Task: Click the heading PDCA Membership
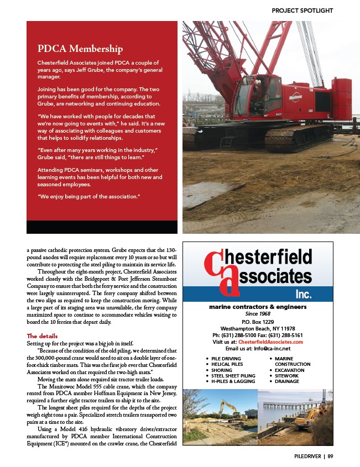tap(80, 49)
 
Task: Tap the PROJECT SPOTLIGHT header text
tap(302, 10)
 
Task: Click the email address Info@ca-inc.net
tap(270, 349)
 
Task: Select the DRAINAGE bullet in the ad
tap(287, 381)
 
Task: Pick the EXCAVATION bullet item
tap(290, 370)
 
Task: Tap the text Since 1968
tap(258, 313)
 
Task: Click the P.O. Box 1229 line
tap(258, 321)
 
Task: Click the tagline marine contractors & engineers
tap(258, 307)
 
